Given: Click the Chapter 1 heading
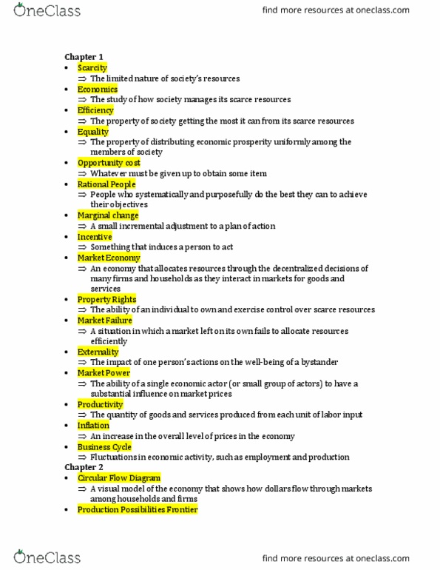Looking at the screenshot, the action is pos(80,56).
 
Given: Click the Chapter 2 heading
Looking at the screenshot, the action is pos(80,468).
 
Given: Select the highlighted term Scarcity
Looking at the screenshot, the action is pos(92,67).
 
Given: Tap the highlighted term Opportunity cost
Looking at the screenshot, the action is pos(109,163).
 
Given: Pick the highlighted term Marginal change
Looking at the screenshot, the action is pos(108,215).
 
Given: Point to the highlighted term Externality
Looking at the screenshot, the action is pos(98,352).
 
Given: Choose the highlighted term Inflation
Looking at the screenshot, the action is pos(93,426).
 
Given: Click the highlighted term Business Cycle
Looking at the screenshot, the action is pos(104,447).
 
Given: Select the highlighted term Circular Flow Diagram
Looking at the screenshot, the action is pos(118,478).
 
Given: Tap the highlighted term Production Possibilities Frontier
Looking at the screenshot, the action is pos(137,510).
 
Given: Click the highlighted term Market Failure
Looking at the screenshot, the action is pos(105,321).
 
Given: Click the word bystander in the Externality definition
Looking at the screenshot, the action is pos(317,362).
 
